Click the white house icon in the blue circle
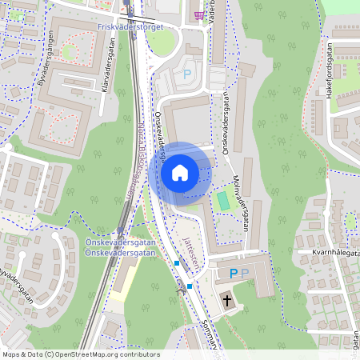click(179, 172)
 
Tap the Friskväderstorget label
click(129, 26)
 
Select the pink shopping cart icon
click(198, 15)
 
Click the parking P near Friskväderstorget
click(187, 74)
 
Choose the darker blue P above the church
click(234, 274)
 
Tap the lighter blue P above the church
click(246, 274)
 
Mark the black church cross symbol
click(227, 301)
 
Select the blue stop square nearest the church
click(190, 286)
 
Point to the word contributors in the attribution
click(123, 354)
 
